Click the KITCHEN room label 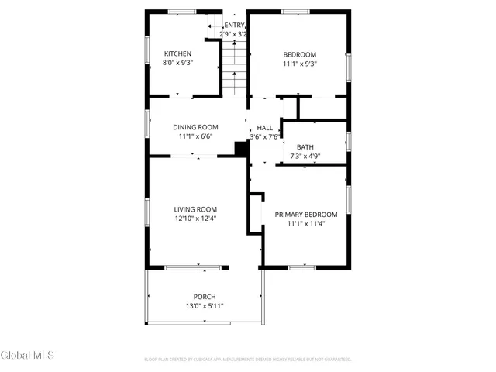pyautogui.click(x=177, y=53)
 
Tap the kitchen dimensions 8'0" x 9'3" pyautogui.click(x=177, y=63)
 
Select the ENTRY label pyautogui.click(x=235, y=26)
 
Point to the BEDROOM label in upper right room pyautogui.click(x=299, y=53)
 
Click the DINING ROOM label pyautogui.click(x=195, y=127)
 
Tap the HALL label pyautogui.click(x=265, y=127)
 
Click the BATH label pyautogui.click(x=305, y=146)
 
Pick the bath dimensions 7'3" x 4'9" pyautogui.click(x=305, y=156)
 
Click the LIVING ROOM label pyautogui.click(x=195, y=209)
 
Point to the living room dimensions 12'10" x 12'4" pyautogui.click(x=195, y=219)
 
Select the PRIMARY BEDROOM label pyautogui.click(x=306, y=215)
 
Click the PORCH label pyautogui.click(x=205, y=297)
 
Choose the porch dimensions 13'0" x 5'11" pyautogui.click(x=205, y=306)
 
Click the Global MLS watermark pyautogui.click(x=28, y=356)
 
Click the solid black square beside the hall pyautogui.click(x=240, y=149)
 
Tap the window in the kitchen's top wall pyautogui.click(x=182, y=12)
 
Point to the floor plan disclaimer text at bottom pyautogui.click(x=248, y=360)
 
